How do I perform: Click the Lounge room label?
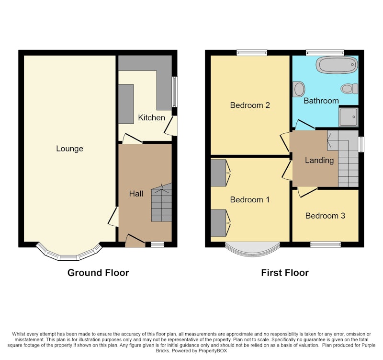pyautogui.click(x=69, y=149)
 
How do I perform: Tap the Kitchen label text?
pyautogui.click(x=151, y=117)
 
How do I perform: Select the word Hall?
pyautogui.click(x=136, y=194)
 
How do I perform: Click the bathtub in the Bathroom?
pyautogui.click(x=337, y=65)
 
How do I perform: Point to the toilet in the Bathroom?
pyautogui.click(x=349, y=89)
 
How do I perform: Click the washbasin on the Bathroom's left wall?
pyautogui.click(x=299, y=89)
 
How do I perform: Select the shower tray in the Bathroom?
pyautogui.click(x=349, y=117)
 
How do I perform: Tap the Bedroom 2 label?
pyautogui.click(x=250, y=105)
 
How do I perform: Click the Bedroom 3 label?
pyautogui.click(x=325, y=216)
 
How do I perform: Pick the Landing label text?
pyautogui.click(x=319, y=161)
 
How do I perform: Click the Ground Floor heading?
pyautogui.click(x=98, y=273)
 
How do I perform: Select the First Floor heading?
pyautogui.click(x=285, y=273)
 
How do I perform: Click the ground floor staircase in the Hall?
pyautogui.click(x=161, y=202)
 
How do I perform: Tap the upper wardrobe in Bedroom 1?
pyautogui.click(x=218, y=173)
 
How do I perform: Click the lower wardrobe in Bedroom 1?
pyautogui.click(x=218, y=223)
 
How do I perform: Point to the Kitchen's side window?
pyautogui.click(x=174, y=92)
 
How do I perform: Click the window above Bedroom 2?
pyautogui.click(x=252, y=53)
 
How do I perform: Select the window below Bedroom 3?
pyautogui.click(x=326, y=244)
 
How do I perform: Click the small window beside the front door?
pyautogui.click(x=158, y=244)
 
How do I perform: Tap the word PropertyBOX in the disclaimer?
pyautogui.click(x=213, y=351)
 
